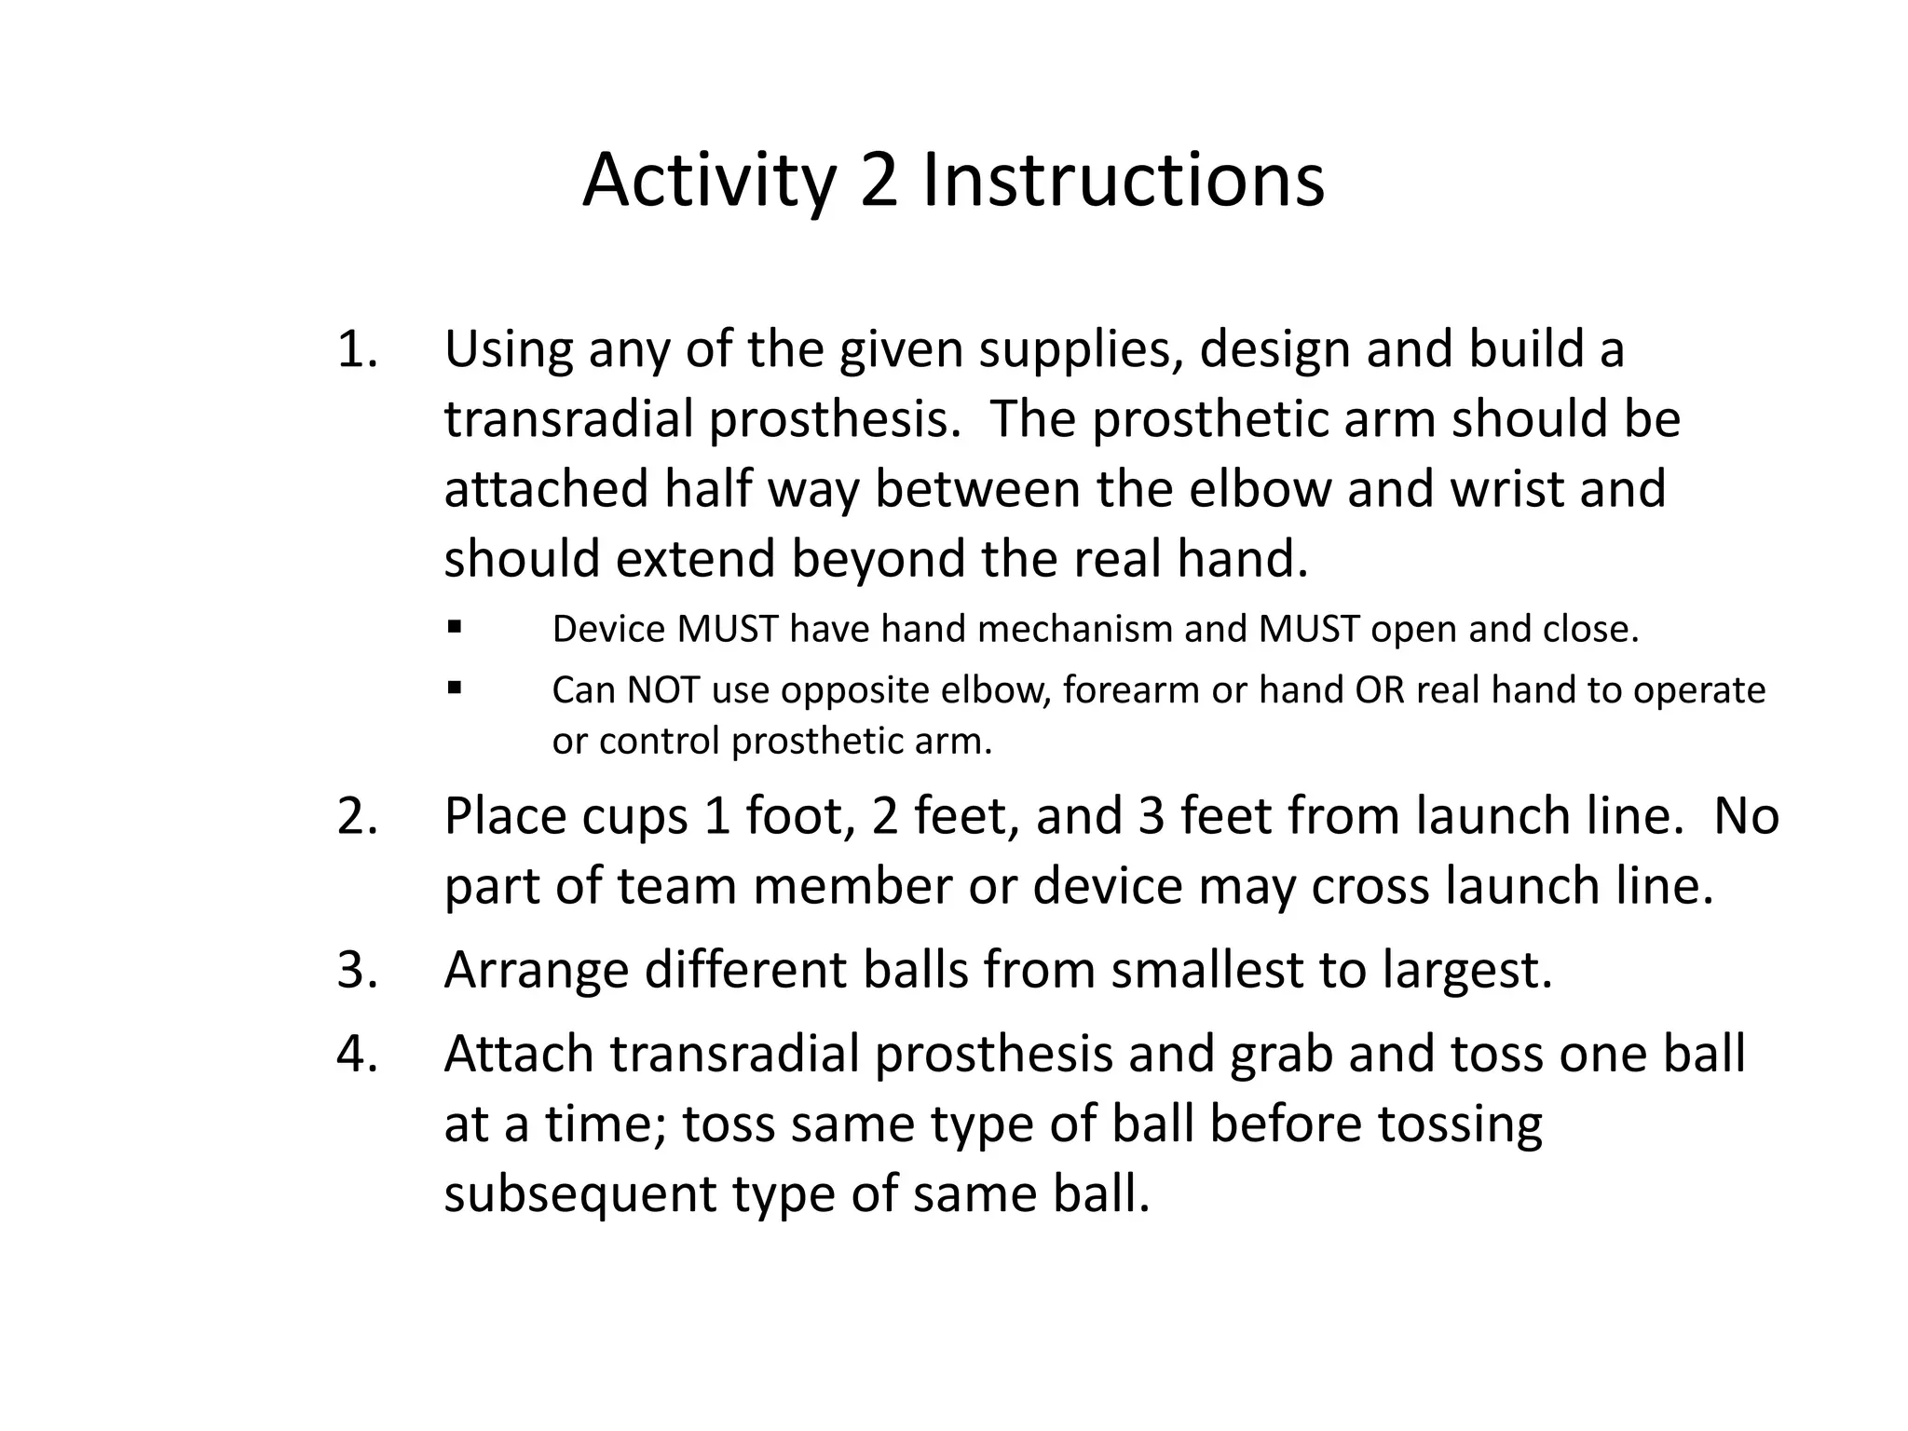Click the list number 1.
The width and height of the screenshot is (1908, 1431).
356,350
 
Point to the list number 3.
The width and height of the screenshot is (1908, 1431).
356,970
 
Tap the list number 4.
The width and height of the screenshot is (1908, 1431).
356,1054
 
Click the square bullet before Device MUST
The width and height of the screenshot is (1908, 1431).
455,627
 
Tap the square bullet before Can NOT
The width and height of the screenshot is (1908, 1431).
455,688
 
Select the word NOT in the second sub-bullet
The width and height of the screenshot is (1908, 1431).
662,690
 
